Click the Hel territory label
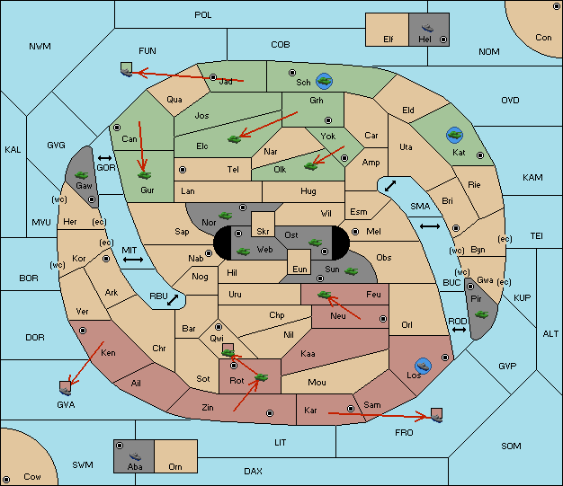click(x=424, y=39)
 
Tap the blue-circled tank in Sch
click(x=325, y=81)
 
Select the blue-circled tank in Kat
click(x=454, y=136)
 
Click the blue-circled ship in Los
click(x=424, y=367)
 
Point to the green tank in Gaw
click(x=82, y=175)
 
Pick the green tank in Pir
click(x=481, y=314)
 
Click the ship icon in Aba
click(x=135, y=456)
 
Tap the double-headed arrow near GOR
click(x=105, y=158)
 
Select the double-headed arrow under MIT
click(x=133, y=260)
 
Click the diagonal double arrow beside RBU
click(x=173, y=300)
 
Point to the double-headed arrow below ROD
click(x=459, y=330)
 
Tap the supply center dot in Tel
click(x=183, y=169)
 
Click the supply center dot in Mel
click(x=355, y=232)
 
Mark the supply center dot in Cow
click(x=6, y=480)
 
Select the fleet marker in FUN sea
click(x=127, y=69)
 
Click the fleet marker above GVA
click(x=66, y=388)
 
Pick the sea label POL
click(x=203, y=15)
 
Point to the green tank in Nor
click(x=226, y=216)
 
